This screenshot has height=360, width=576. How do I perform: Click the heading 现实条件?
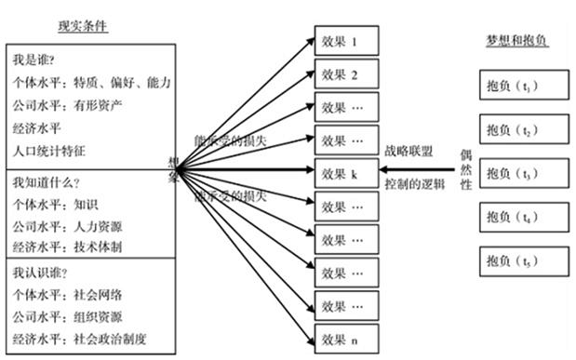(83, 26)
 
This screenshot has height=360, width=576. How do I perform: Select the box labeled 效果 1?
(348, 42)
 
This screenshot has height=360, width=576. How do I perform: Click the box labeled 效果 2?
(348, 73)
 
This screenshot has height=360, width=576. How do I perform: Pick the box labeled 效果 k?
(348, 172)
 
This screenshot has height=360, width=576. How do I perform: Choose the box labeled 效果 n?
(348, 339)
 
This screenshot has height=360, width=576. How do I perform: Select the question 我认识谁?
(41, 273)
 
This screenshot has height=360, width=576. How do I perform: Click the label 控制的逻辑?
(415, 182)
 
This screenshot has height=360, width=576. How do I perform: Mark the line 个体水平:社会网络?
(68, 295)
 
